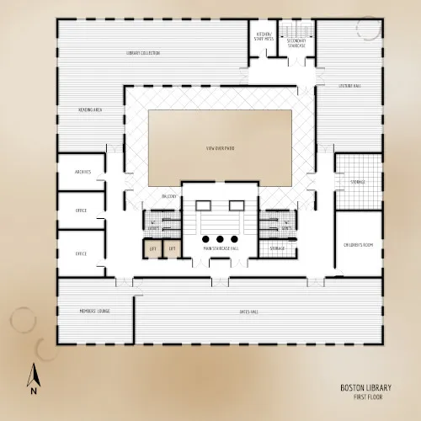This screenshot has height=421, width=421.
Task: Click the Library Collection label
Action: pyautogui.click(x=143, y=53)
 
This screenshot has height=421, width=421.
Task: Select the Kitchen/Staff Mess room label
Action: pyautogui.click(x=264, y=36)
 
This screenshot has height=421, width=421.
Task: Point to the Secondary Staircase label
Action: pyautogui.click(x=296, y=43)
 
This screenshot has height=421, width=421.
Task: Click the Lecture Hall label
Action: pyautogui.click(x=349, y=85)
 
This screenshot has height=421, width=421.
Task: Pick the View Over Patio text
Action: pyautogui.click(x=219, y=148)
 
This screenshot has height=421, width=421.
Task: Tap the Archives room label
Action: pyautogui.click(x=83, y=172)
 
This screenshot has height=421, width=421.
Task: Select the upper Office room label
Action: pyautogui.click(x=82, y=210)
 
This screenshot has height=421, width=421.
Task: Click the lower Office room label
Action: pyautogui.click(x=82, y=253)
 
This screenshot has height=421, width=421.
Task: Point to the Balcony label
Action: pyautogui.click(x=168, y=196)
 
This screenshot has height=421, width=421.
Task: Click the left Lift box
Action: pyautogui.click(x=153, y=248)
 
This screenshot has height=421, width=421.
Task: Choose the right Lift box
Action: pyautogui.click(x=172, y=248)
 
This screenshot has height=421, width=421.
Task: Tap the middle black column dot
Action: pyautogui.click(x=221, y=238)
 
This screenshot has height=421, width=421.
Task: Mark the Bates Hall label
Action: pyautogui.click(x=248, y=312)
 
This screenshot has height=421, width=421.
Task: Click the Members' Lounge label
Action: pyautogui.click(x=94, y=312)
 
